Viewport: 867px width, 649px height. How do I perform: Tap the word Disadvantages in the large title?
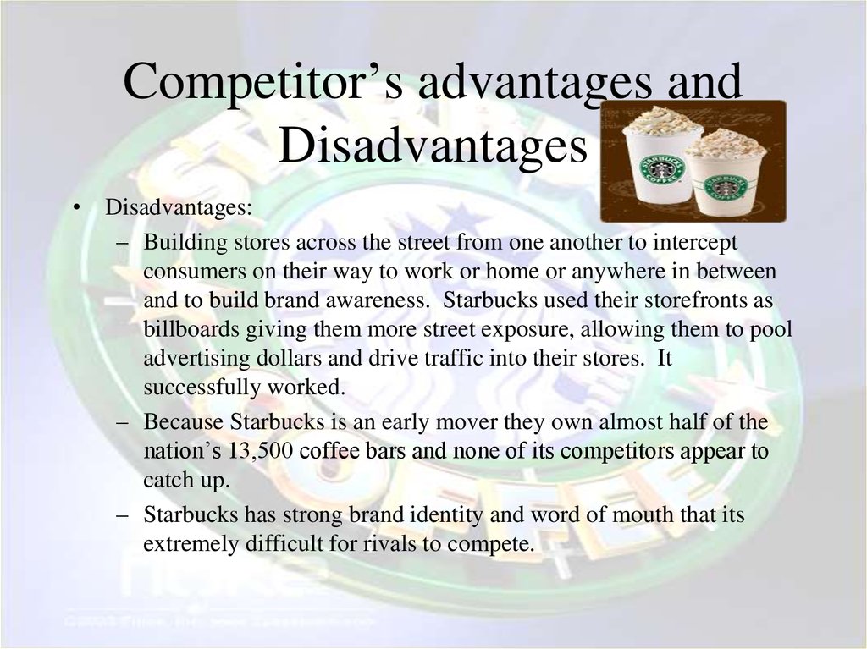point(432,144)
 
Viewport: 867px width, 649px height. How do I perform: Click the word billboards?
point(191,329)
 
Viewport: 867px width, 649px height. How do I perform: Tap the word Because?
point(184,421)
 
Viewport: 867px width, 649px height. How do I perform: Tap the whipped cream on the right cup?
point(726,143)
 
